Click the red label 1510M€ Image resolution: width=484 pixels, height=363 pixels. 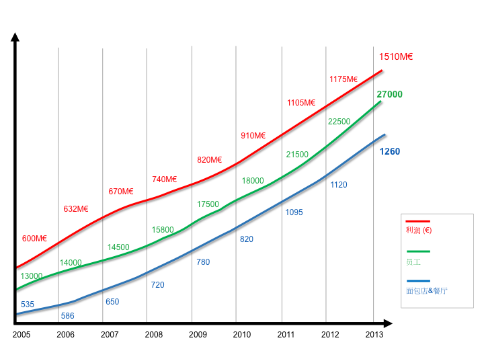coord(395,57)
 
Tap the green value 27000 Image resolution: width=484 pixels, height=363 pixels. coord(389,95)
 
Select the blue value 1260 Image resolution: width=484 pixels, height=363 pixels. coord(389,152)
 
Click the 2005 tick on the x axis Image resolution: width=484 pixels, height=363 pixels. coord(22,334)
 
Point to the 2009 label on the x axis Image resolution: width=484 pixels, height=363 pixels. coord(198,334)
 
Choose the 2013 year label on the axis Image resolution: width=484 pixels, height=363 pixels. coord(374,334)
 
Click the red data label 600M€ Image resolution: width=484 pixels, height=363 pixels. coord(34,239)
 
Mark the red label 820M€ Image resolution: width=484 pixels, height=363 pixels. coord(209,160)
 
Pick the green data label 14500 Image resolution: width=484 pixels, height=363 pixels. coord(118,247)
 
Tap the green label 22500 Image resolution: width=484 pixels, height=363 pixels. coord(339,122)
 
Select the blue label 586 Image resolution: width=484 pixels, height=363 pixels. coord(67,316)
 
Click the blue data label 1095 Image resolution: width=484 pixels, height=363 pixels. coord(294,212)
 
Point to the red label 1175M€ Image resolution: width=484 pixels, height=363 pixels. coord(344,79)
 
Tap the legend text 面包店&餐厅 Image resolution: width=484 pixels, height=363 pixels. coord(427,291)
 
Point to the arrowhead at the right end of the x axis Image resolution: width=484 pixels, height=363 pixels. coord(388,323)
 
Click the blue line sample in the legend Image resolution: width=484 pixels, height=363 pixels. coord(417,281)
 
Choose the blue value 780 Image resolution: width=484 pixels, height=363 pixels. coord(203,262)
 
